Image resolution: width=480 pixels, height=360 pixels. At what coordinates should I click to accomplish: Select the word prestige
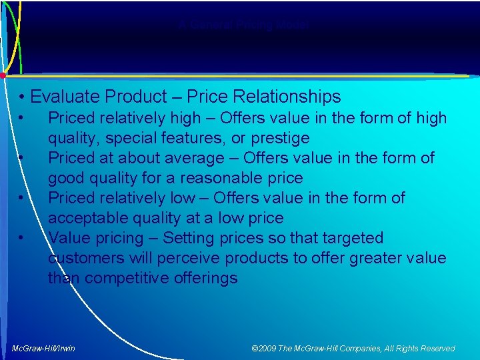279,138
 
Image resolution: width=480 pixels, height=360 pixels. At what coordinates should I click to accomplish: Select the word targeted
353,238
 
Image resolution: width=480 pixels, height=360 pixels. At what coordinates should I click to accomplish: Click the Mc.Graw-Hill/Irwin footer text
44,348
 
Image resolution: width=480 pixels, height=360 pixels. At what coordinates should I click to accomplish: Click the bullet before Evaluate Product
23,97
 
